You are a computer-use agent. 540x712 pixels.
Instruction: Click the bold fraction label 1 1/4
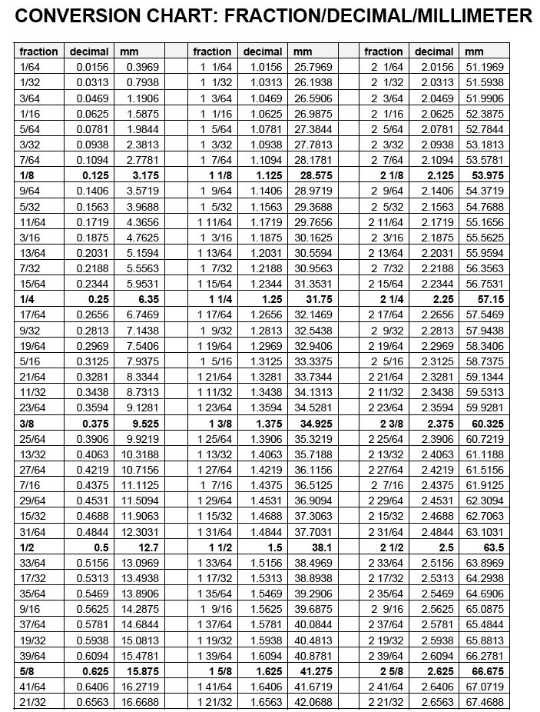(215, 299)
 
